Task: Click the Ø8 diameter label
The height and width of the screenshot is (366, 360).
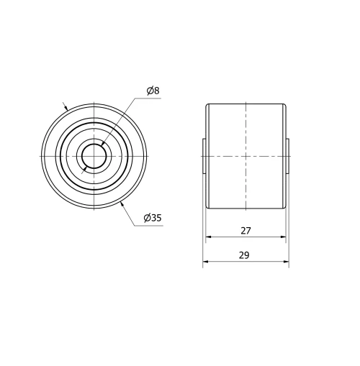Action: click(x=152, y=91)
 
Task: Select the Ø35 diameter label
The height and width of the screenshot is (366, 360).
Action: click(x=152, y=218)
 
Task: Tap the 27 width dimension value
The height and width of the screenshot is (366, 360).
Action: click(x=246, y=231)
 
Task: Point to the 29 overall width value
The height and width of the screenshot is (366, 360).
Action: click(x=246, y=255)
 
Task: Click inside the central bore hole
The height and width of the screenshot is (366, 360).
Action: click(x=94, y=156)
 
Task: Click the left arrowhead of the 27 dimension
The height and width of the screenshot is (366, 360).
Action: click(x=209, y=237)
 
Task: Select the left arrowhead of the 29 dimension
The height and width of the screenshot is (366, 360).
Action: click(x=206, y=262)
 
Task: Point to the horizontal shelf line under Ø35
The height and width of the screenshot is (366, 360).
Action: click(x=151, y=224)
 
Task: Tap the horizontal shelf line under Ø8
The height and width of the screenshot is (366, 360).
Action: click(x=152, y=98)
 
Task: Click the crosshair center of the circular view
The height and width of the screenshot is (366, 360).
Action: click(x=94, y=156)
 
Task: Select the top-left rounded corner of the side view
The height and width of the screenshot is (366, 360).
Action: click(x=208, y=106)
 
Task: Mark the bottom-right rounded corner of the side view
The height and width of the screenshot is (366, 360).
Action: click(x=284, y=207)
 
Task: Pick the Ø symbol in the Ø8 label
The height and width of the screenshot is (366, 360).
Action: click(x=148, y=91)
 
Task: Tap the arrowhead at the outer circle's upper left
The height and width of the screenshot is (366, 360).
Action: click(x=67, y=109)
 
